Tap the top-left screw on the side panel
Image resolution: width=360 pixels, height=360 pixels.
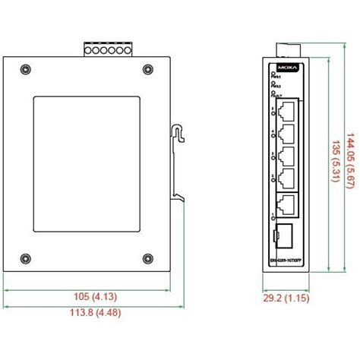point(27,71)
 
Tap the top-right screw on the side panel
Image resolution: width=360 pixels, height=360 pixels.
point(147,71)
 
